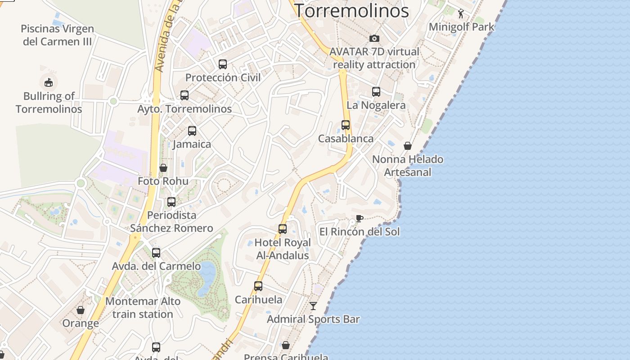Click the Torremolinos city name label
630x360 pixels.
(x=351, y=10)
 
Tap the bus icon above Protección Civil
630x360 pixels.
(x=223, y=64)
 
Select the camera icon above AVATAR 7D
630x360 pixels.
(x=374, y=39)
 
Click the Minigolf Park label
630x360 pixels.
(x=461, y=27)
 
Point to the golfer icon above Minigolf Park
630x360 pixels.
(x=461, y=14)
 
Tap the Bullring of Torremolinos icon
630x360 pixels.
(x=49, y=82)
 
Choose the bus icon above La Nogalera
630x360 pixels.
(x=376, y=92)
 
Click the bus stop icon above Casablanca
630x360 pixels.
(x=346, y=125)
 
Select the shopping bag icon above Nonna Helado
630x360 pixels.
(x=408, y=146)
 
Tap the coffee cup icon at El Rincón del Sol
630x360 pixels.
(x=359, y=219)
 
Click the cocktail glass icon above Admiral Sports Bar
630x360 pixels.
(x=313, y=306)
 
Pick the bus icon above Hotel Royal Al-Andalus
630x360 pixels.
(x=283, y=229)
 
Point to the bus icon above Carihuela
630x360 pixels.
(x=258, y=286)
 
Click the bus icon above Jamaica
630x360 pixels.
(x=192, y=131)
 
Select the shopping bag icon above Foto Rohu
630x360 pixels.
(x=163, y=168)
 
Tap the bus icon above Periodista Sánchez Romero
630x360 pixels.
(x=171, y=202)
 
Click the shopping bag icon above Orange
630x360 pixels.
(x=81, y=310)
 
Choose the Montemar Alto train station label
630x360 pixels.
(x=143, y=308)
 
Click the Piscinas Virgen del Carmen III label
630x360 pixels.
(x=58, y=35)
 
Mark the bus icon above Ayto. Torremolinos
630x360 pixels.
(x=184, y=95)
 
